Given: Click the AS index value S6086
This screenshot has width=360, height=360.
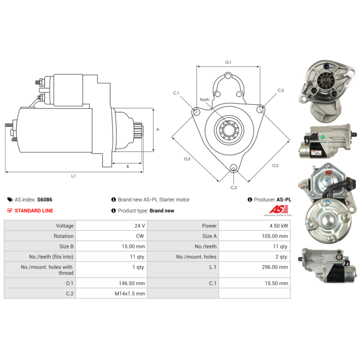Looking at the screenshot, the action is pos(45,199).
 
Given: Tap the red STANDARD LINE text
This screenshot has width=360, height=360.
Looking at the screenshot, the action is pos(34,211).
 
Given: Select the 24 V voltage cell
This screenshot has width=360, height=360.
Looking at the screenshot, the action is pos(139,226).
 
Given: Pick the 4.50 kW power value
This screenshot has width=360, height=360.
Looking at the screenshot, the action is pos(279,226).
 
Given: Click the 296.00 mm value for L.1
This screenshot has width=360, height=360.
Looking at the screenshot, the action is pos(275,267).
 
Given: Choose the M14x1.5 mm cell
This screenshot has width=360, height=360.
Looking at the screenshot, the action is pos(130,293).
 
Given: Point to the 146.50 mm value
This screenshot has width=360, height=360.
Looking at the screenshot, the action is pos(132,283).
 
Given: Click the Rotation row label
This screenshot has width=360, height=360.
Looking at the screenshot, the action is pos(63,236).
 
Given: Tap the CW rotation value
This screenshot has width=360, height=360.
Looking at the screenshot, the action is pos(140,236).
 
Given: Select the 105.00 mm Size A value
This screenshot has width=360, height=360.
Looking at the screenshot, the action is pos(275,236).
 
